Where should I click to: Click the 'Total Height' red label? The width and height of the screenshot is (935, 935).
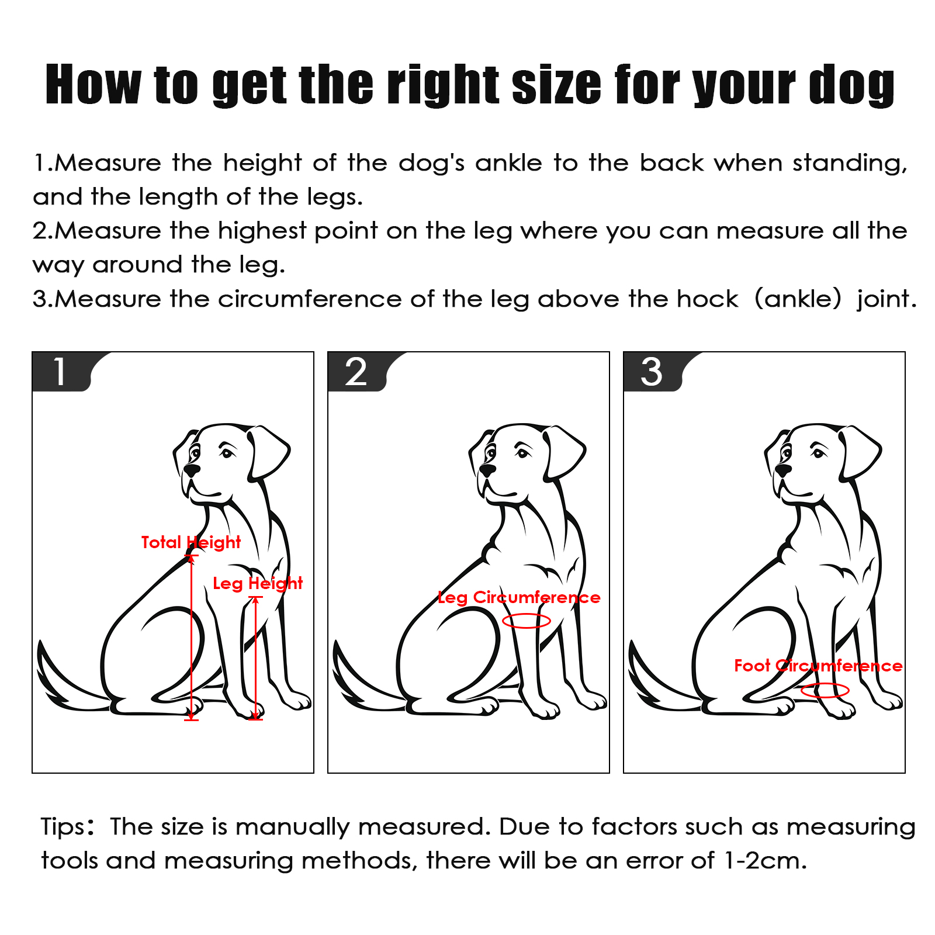191,542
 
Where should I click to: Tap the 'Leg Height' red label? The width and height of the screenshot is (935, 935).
258,583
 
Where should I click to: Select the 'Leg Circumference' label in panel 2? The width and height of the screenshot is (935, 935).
519,597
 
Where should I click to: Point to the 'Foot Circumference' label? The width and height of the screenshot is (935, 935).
818,666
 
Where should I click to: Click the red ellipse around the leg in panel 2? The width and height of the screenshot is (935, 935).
527,614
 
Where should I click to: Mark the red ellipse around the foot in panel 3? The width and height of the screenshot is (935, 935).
825,684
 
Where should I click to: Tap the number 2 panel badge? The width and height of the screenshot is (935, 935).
356,372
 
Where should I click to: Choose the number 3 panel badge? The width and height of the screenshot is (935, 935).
652,372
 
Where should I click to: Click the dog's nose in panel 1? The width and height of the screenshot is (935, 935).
192,469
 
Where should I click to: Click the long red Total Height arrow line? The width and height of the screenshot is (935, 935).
191,638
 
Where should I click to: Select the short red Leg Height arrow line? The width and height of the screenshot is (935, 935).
255,658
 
